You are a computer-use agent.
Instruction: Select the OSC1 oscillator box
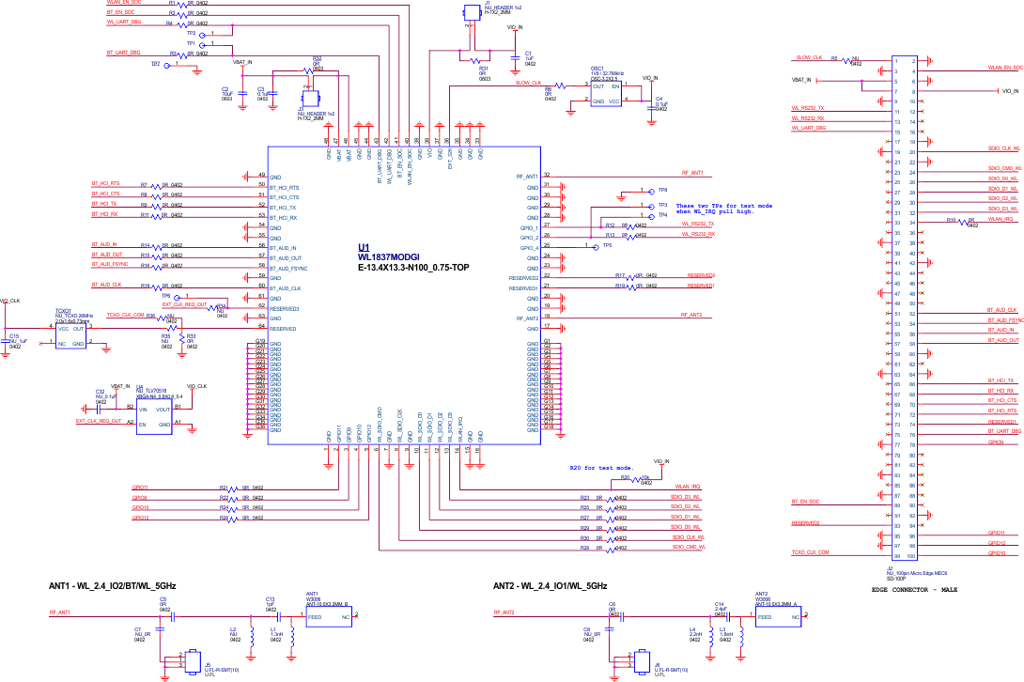607,92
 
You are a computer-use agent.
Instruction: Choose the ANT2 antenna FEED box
775,617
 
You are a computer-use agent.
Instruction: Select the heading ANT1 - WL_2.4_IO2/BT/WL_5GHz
113,585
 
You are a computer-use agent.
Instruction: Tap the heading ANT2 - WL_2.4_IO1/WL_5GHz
551,585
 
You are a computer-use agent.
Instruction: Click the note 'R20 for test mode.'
602,467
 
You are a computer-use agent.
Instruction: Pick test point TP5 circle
594,246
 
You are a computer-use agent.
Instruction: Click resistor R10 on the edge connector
964,222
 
